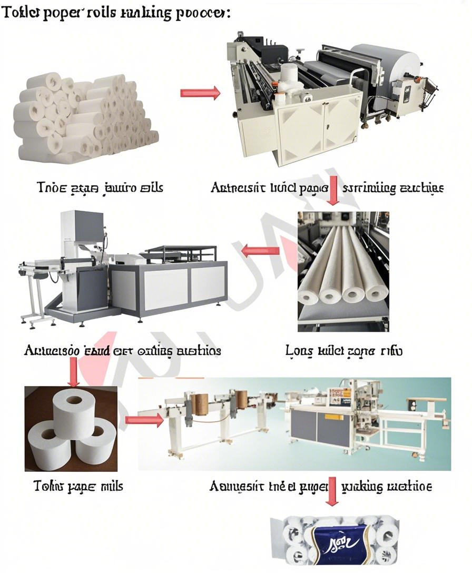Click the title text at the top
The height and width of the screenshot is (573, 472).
click(116, 13)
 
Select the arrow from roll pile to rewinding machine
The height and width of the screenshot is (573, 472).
click(200, 93)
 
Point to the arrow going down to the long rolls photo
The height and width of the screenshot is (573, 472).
click(332, 191)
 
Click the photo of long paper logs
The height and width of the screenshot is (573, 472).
click(343, 271)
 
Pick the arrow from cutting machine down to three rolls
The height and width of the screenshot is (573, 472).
click(74, 372)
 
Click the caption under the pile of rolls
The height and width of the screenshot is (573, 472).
click(100, 187)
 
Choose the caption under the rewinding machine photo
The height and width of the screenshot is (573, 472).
click(327, 187)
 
